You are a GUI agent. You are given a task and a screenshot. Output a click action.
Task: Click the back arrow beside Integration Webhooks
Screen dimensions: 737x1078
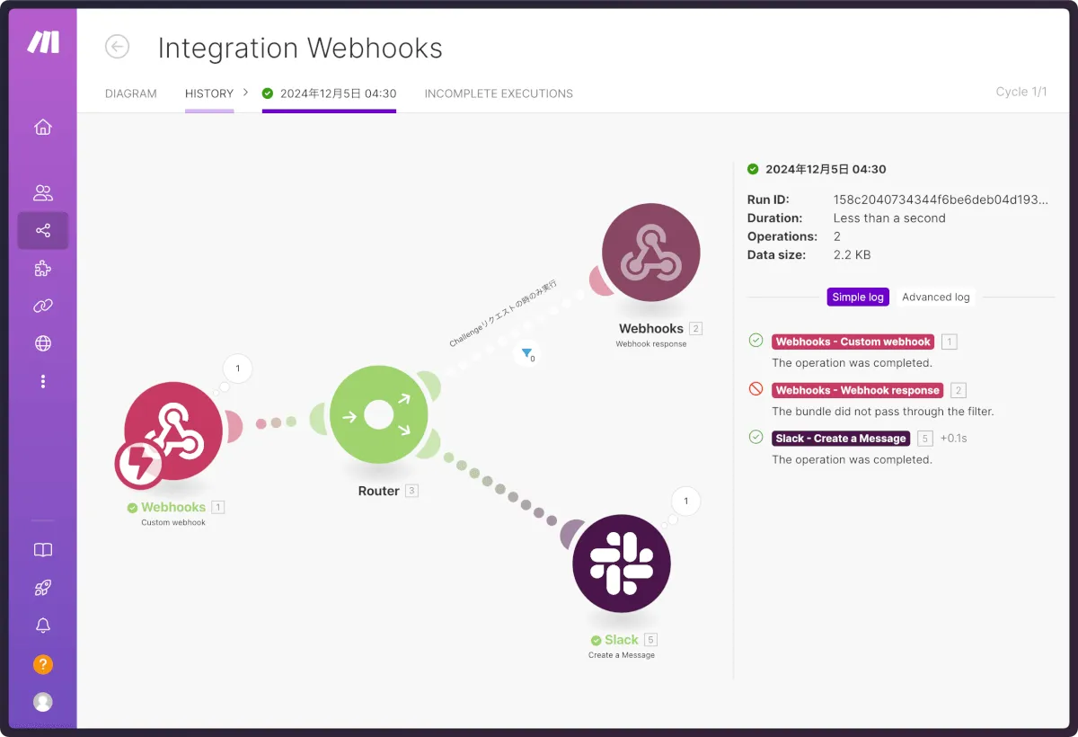point(117,47)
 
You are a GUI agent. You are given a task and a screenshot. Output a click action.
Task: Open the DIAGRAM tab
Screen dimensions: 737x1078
point(131,93)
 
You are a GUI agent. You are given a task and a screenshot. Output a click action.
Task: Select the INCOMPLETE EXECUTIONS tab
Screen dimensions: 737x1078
point(499,93)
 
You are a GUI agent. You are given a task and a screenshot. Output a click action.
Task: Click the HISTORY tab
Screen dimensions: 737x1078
point(209,93)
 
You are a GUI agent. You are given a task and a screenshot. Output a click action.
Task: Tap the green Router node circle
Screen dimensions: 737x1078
point(378,415)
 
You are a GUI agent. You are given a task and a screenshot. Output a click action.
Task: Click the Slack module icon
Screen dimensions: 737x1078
point(622,564)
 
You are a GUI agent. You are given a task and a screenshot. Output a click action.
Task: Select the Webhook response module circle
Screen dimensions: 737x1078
point(650,253)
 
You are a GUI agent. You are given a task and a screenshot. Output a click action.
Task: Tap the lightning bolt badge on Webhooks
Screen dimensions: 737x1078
point(139,465)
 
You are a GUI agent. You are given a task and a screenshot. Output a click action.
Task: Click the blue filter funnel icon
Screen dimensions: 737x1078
point(527,353)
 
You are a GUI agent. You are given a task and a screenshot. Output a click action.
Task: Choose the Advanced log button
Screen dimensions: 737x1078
point(936,297)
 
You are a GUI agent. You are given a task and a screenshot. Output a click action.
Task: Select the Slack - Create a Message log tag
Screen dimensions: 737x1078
point(841,439)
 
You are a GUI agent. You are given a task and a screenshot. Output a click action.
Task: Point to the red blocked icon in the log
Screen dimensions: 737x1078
point(756,389)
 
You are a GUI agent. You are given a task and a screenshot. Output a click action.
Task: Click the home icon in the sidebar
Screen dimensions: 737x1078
point(43,128)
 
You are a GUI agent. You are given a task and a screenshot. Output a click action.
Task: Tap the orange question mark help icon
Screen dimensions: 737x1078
point(43,665)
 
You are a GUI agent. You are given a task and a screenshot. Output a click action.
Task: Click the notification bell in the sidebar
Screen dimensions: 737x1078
point(43,626)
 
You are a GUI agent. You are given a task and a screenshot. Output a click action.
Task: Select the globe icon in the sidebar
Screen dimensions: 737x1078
point(43,343)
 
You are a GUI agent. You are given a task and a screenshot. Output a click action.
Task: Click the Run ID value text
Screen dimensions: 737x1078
point(940,200)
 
